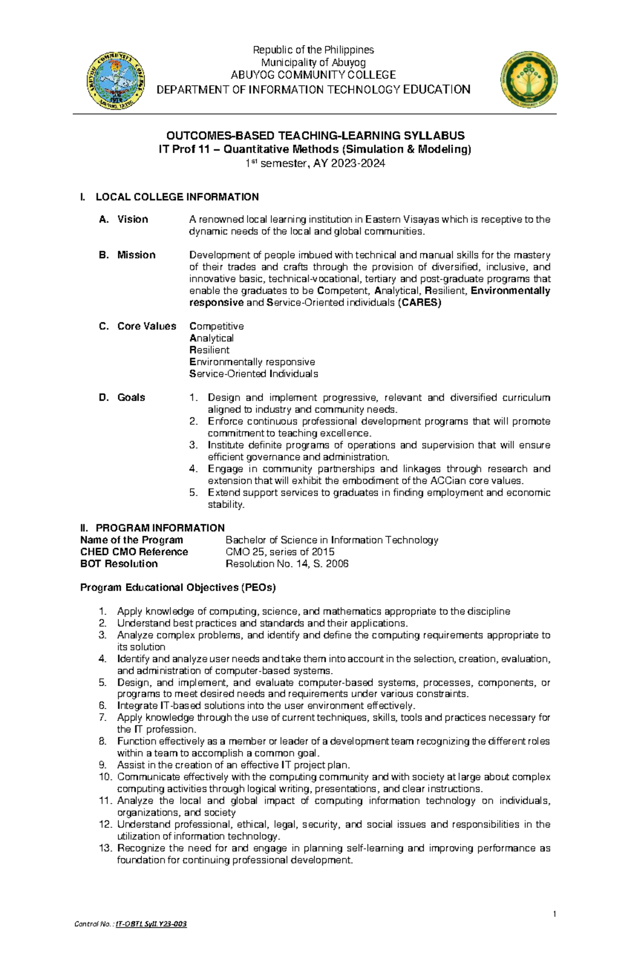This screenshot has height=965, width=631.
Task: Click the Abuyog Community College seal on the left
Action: click(116, 80)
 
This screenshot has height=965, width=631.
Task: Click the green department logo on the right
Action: click(528, 80)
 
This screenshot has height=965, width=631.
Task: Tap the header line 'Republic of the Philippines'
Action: click(313, 50)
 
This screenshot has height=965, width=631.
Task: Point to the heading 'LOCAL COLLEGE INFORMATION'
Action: click(177, 197)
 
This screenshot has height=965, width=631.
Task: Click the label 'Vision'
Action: click(133, 219)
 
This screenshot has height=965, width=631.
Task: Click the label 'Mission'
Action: click(136, 255)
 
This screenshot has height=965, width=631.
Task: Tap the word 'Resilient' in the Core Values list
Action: click(209, 350)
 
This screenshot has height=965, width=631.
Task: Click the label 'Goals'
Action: click(131, 398)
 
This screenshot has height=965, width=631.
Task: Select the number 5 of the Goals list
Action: click(194, 493)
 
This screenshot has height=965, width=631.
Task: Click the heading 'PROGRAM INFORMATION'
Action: click(160, 528)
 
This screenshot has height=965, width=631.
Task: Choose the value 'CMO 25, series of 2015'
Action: click(280, 552)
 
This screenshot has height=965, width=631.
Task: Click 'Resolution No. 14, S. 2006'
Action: click(287, 564)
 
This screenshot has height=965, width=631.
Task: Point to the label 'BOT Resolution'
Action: click(119, 564)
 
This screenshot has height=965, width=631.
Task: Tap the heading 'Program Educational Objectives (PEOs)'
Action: click(178, 587)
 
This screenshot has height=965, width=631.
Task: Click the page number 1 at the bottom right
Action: click(554, 914)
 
